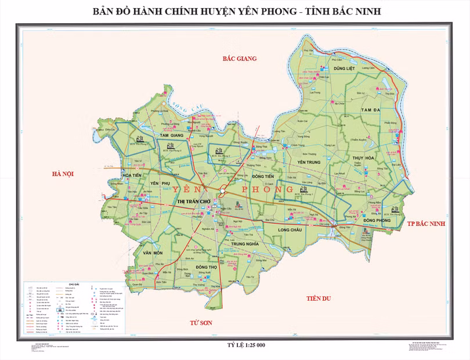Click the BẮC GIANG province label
(x=240, y=59)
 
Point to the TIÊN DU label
(x=318, y=298)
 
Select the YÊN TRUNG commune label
(x=309, y=162)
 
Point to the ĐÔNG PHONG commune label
(x=377, y=221)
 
